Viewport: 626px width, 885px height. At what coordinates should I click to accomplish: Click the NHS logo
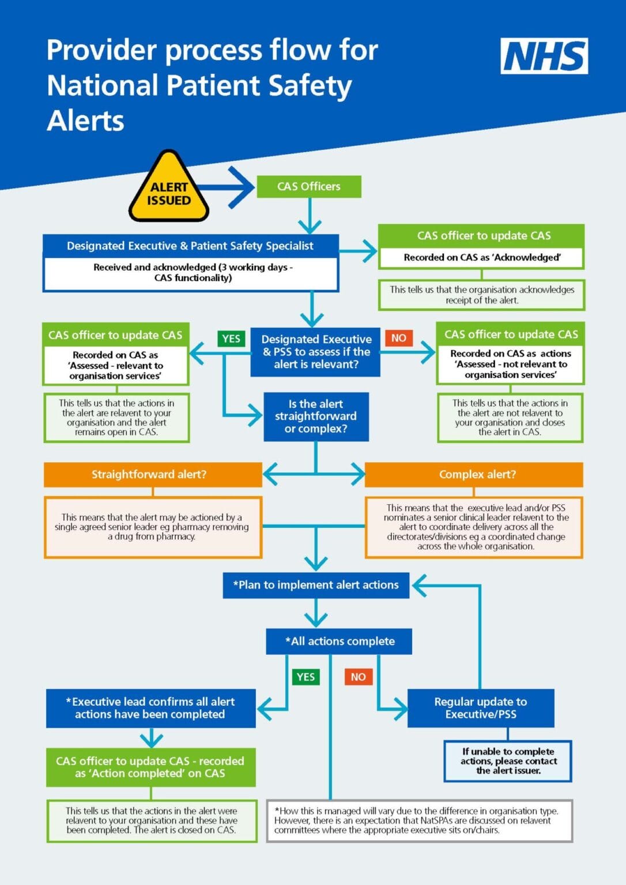point(544,56)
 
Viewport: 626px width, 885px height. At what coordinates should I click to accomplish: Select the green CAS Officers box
point(308,187)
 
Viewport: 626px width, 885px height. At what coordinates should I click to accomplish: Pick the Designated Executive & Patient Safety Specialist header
point(190,246)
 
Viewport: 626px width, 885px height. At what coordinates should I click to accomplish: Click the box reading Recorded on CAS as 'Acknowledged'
point(481,258)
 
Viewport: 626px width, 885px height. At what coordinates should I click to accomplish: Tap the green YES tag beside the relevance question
point(231,339)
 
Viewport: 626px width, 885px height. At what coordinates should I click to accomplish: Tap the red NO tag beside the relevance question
point(399,338)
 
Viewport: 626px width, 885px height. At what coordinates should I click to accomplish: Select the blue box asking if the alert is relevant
point(315,352)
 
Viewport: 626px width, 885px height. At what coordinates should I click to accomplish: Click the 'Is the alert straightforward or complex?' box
point(316,417)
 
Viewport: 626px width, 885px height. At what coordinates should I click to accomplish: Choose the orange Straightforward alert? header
point(153,475)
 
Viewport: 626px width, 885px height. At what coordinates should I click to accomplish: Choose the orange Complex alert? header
point(474,475)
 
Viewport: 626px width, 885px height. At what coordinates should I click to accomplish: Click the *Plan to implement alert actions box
point(316,585)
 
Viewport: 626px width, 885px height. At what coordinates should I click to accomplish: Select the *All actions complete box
point(339,641)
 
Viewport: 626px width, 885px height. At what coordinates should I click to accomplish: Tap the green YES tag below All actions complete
point(306,677)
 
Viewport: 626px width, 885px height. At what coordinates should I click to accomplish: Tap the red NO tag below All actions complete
point(358,677)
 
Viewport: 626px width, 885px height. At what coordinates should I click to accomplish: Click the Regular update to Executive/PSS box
point(481,708)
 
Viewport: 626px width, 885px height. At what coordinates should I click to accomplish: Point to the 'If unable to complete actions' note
point(508,761)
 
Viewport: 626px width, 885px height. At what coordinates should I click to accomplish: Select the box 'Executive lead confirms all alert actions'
point(151,708)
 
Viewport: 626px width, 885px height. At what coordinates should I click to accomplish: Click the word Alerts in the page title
point(85,121)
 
